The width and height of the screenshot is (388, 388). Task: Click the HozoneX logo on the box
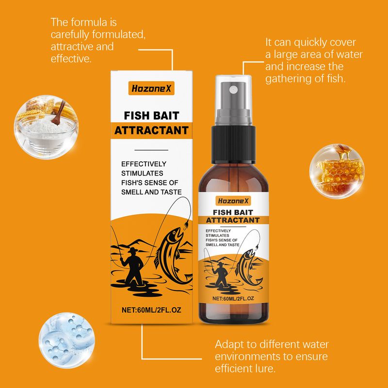click(x=151, y=88)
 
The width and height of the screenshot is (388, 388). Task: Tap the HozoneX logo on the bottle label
click(x=233, y=201)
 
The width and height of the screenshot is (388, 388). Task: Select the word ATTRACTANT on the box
click(x=151, y=130)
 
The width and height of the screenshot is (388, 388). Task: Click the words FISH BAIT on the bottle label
click(x=233, y=212)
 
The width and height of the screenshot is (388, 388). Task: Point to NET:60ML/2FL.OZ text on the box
click(x=151, y=310)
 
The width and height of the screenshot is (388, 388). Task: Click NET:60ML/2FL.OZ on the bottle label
click(x=233, y=298)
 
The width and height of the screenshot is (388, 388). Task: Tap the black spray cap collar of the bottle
click(x=233, y=144)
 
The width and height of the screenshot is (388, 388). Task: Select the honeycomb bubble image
click(x=337, y=171)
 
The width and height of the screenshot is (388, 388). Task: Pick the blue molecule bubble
click(x=66, y=340)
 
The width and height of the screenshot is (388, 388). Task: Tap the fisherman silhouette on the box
click(x=132, y=266)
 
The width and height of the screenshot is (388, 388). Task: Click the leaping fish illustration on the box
click(x=172, y=255)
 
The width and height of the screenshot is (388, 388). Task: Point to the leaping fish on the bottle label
click(x=248, y=267)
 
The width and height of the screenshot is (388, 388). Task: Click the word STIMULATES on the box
click(x=142, y=173)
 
